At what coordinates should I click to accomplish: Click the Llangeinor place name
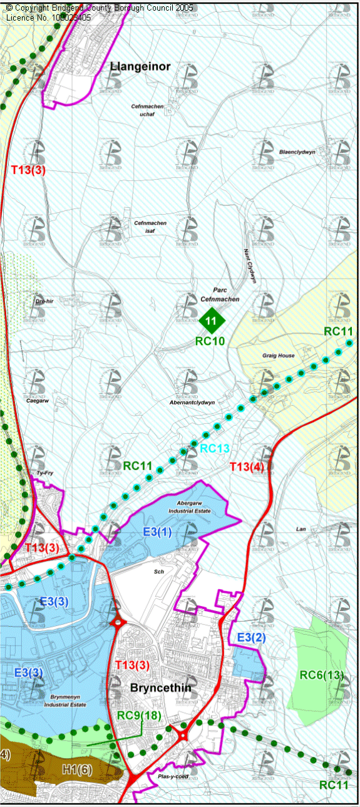click(140, 66)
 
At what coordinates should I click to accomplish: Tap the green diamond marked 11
click(212, 322)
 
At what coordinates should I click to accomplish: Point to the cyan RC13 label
click(215, 448)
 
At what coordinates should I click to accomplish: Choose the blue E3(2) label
click(251, 638)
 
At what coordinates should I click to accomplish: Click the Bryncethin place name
click(160, 688)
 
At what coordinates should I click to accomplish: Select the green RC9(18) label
click(141, 714)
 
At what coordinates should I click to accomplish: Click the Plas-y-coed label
click(173, 776)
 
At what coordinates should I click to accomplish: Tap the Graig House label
click(279, 356)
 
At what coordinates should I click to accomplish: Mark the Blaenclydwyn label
click(297, 152)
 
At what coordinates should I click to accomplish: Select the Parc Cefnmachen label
click(218, 295)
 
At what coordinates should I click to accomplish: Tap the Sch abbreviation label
click(158, 572)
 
